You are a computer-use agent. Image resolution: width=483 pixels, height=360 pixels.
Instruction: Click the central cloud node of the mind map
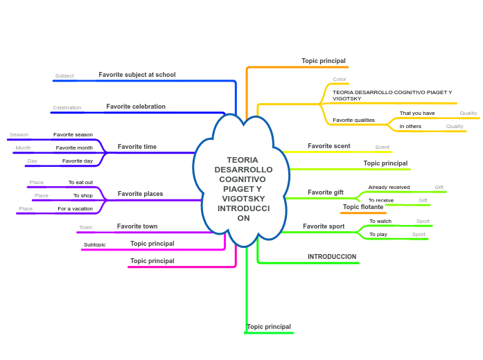point(243,188)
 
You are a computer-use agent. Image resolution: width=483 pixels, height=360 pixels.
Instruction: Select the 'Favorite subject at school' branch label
point(137,75)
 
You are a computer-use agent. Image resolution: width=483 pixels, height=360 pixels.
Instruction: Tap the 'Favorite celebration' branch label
point(136,107)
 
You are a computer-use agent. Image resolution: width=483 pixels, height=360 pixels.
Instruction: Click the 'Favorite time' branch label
point(137,147)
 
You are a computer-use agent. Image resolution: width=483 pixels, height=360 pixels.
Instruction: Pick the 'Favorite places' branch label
point(140,194)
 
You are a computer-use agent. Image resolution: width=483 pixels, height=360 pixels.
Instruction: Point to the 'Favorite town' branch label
point(137,226)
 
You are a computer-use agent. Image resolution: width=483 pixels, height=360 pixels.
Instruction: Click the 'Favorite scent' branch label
point(328,146)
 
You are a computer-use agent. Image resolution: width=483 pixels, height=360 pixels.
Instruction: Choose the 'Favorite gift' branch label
point(326,192)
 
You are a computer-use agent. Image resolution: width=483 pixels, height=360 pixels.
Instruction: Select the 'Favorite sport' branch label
point(324,226)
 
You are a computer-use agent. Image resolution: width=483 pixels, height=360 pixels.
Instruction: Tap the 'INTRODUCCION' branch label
point(332,257)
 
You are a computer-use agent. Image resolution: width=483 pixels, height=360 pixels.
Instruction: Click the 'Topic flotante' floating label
point(362,207)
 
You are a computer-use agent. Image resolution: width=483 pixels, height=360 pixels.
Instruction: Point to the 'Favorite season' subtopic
point(73,135)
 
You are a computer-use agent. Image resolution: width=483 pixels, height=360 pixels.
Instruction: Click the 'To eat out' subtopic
point(80,183)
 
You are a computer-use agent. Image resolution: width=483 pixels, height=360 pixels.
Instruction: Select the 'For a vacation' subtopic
point(75,208)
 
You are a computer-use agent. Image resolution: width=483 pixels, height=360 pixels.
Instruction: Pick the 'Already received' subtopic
point(389,187)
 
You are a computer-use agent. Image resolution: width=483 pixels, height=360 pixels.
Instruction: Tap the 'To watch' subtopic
point(380,222)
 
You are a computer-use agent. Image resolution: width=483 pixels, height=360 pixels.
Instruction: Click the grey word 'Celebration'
point(67,108)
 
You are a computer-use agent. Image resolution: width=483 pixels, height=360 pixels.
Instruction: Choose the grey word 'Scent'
point(382,147)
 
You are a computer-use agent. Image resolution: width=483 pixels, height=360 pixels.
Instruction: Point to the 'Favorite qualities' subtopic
point(353,120)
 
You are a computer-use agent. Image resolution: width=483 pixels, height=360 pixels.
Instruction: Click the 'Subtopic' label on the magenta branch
point(95,245)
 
